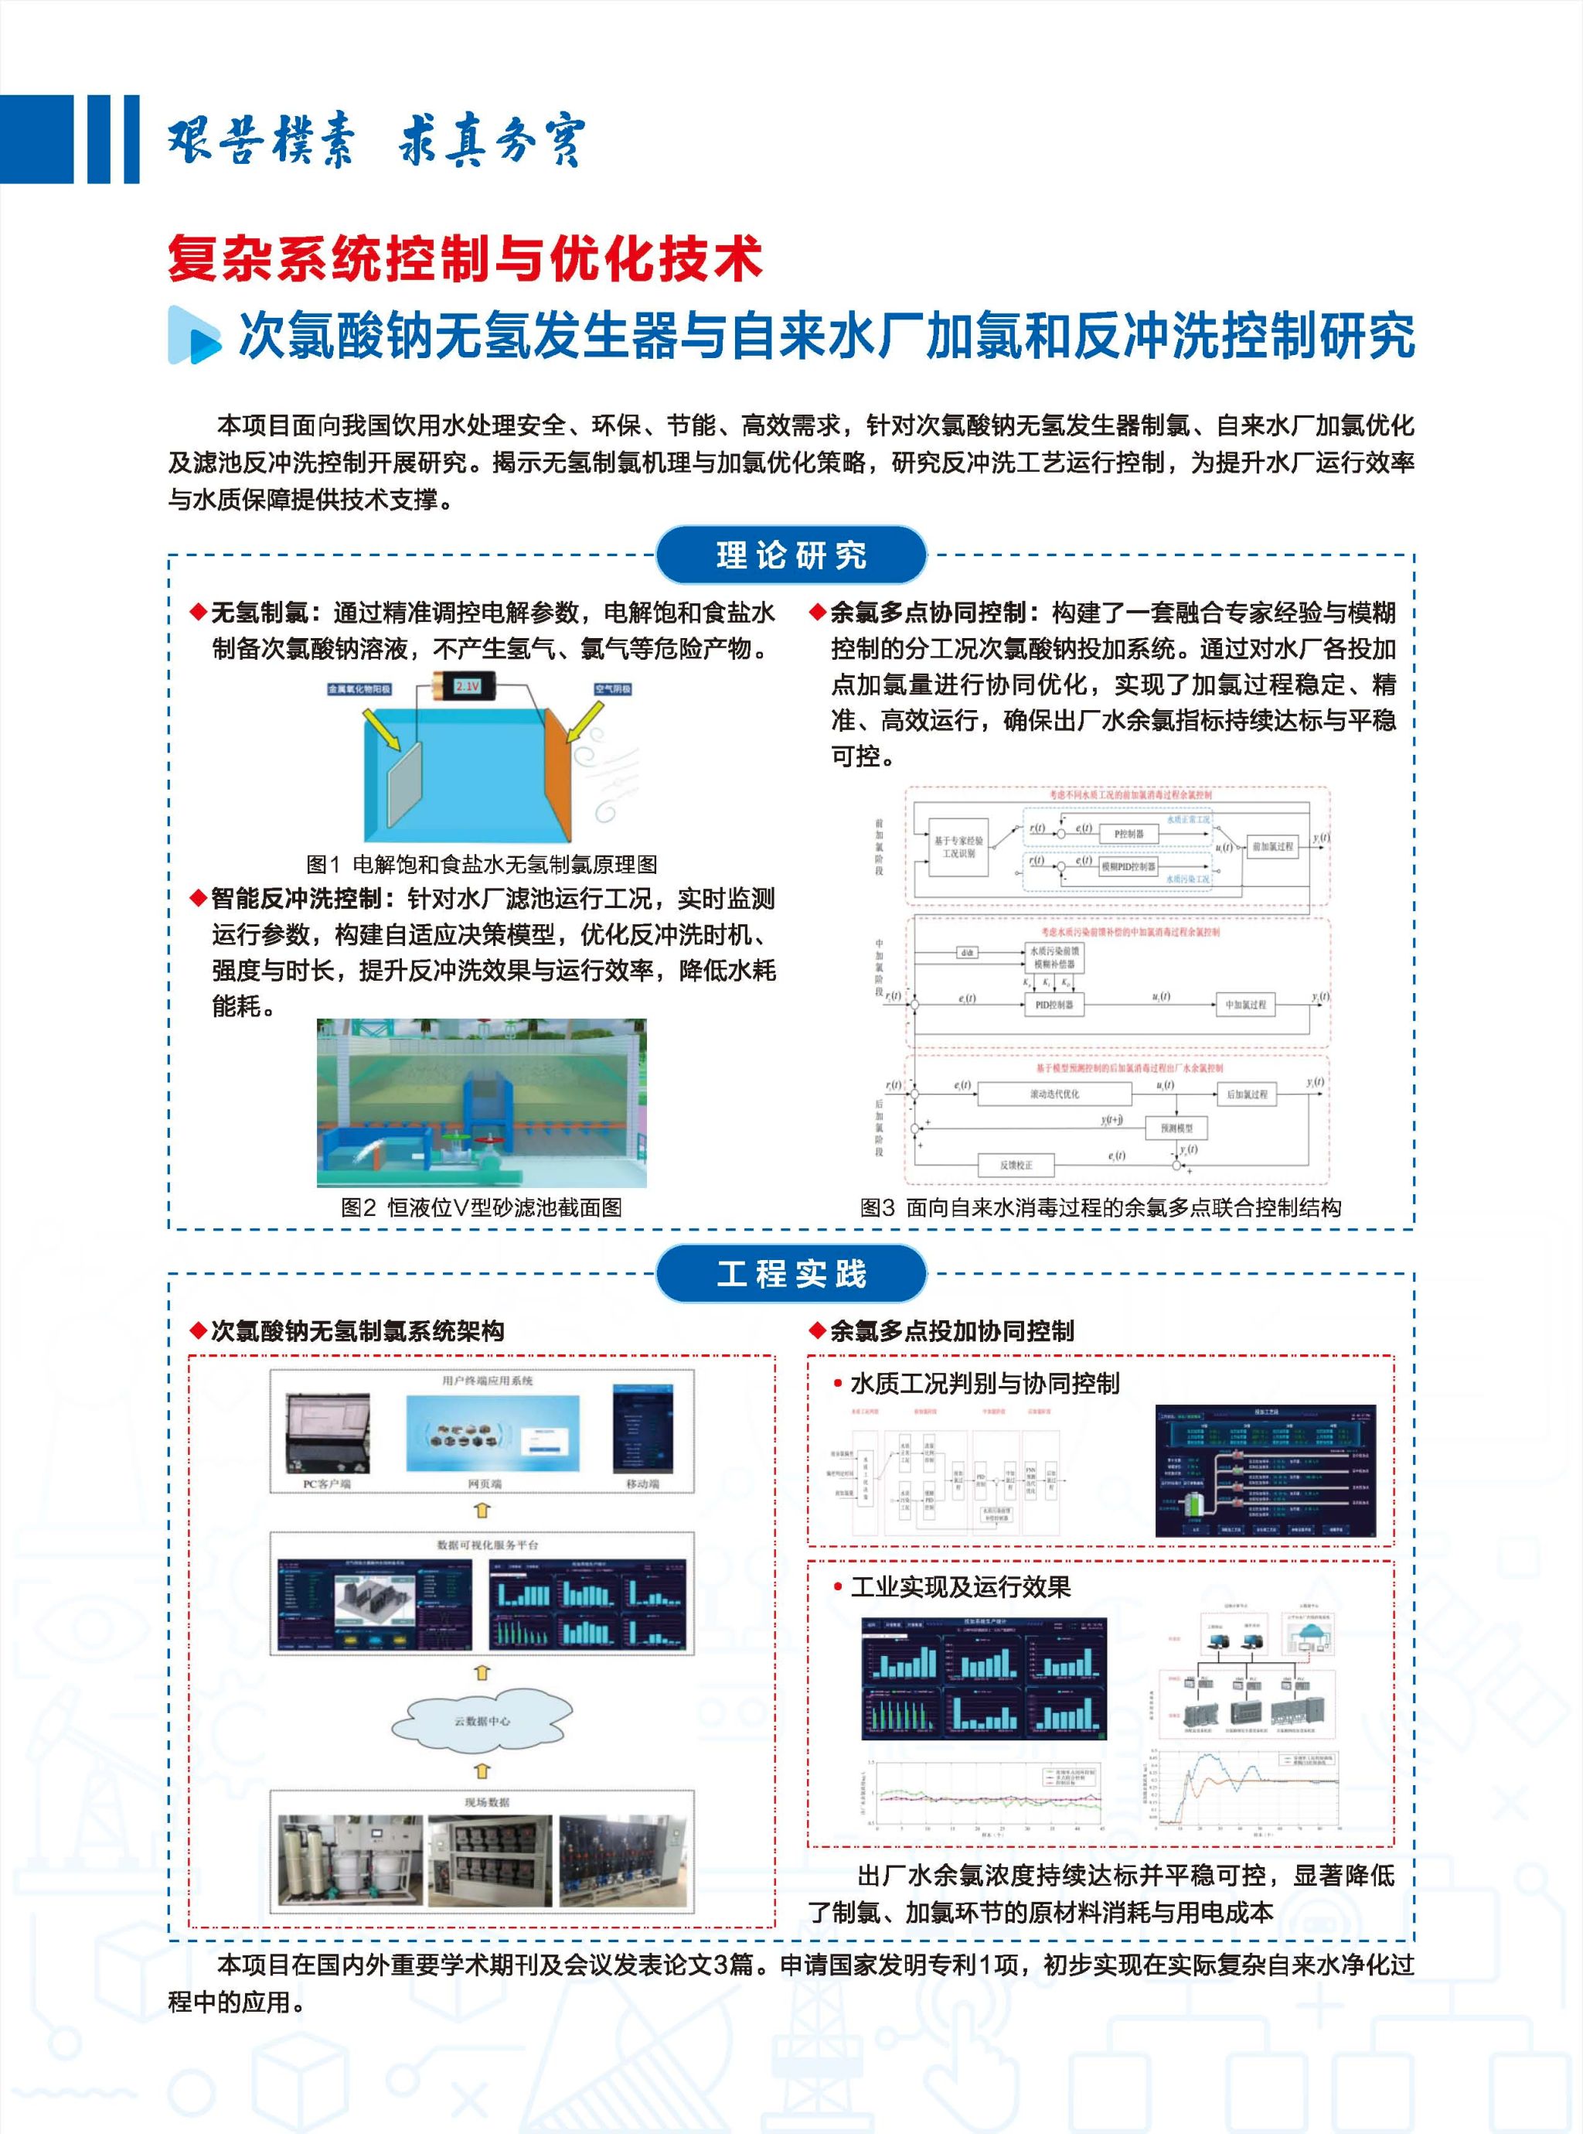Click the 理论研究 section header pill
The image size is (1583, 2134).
pyautogui.click(x=791, y=555)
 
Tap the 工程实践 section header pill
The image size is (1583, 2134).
pyautogui.click(x=791, y=1273)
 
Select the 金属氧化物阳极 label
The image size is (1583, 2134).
pyautogui.click(x=359, y=689)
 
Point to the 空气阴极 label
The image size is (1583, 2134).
pyautogui.click(x=612, y=688)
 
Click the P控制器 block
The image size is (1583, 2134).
pyautogui.click(x=1128, y=833)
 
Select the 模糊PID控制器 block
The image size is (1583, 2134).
pyautogui.click(x=1127, y=866)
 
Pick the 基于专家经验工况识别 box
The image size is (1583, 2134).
pyautogui.click(x=958, y=846)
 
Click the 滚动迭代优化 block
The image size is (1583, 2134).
pyautogui.click(x=1054, y=1093)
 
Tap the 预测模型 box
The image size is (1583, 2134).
pyautogui.click(x=1176, y=1128)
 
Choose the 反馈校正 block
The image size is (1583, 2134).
pyautogui.click(x=1016, y=1165)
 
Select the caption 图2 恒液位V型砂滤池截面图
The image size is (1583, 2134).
pyautogui.click(x=481, y=1207)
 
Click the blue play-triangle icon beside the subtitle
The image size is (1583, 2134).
pyautogui.click(x=195, y=336)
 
